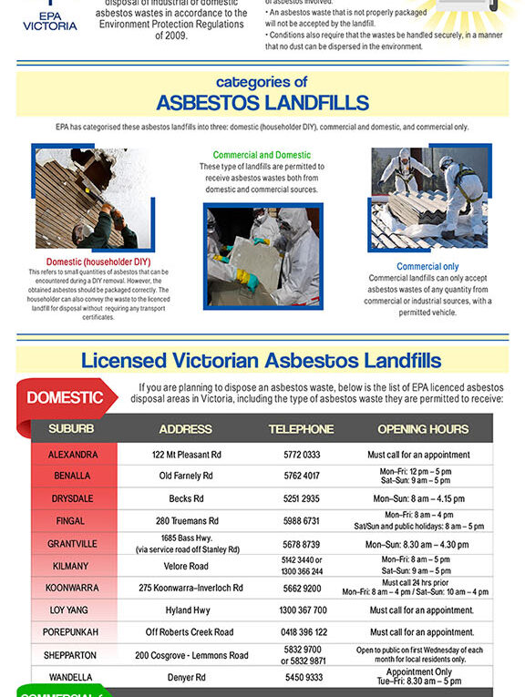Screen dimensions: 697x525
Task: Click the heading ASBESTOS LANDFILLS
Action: pos(262,102)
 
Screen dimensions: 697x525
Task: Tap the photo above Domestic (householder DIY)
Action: pos(94,199)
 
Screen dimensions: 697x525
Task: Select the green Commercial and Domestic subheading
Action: pos(262,156)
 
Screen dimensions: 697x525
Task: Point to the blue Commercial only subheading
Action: pos(427,267)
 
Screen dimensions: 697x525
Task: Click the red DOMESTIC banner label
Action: pos(65,397)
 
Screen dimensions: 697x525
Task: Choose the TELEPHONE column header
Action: pos(301,429)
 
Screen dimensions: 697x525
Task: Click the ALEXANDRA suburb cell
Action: pos(72,455)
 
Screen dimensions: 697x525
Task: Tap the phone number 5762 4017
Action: pos(301,477)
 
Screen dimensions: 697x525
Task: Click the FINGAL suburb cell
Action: pos(72,521)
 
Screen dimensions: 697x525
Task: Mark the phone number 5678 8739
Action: pos(301,544)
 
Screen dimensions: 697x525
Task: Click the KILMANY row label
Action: pos(72,566)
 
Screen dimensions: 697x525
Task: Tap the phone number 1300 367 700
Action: pos(302,610)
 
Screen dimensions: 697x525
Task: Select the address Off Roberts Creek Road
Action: pos(189,632)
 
